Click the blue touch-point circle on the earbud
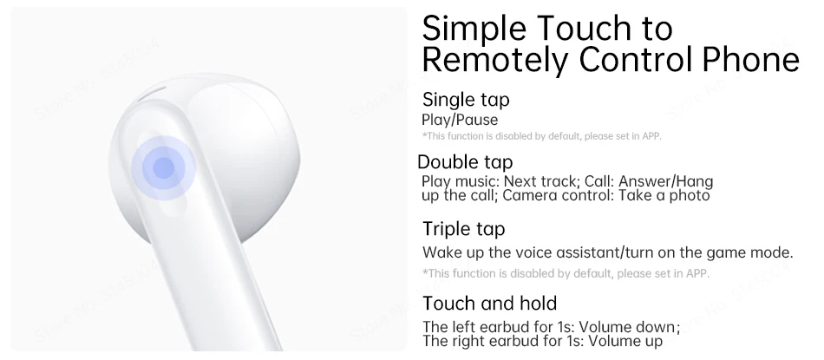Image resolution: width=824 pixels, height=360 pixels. coord(163,167)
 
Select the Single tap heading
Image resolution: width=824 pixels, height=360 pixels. coord(466,100)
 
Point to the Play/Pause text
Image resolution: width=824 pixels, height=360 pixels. coord(460,120)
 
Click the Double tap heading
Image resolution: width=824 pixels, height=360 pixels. coord(465,162)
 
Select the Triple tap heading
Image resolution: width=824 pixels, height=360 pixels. coord(463,229)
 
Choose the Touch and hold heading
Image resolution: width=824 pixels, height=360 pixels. coord(490,304)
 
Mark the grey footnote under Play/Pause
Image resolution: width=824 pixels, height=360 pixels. coord(542,136)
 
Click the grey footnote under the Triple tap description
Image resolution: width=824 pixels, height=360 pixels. coord(566,273)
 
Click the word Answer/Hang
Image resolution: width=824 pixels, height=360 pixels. coord(666,181)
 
